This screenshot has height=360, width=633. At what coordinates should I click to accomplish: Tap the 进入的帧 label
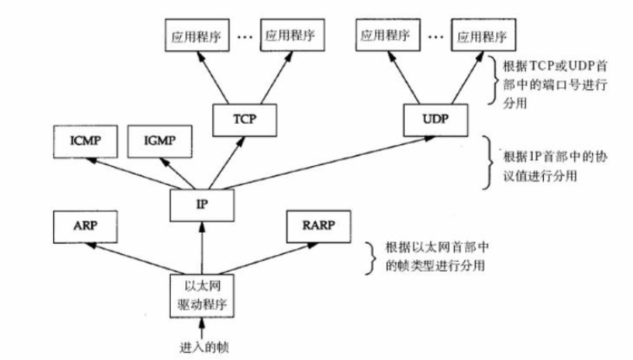pyautogui.click(x=202, y=346)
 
